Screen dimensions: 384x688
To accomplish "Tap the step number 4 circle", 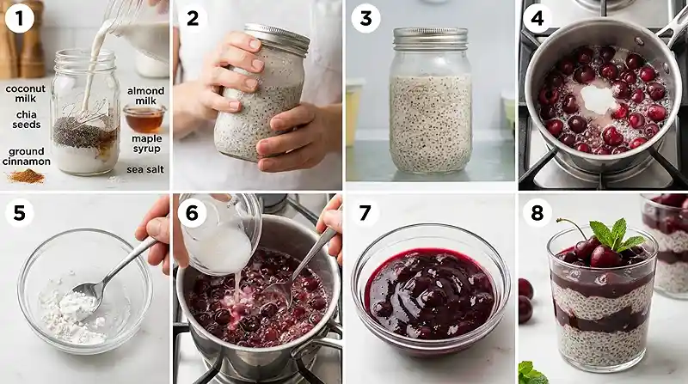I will [x=538, y=18].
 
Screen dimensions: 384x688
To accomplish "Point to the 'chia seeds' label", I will [x=26, y=124].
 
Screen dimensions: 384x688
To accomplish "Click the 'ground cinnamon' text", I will [x=27, y=155].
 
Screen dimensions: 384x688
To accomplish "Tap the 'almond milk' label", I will [x=145, y=95].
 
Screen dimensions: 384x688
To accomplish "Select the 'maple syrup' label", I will [x=145, y=143].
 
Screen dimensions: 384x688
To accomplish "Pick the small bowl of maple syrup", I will [x=144, y=118].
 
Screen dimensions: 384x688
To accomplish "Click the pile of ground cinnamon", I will [x=26, y=176].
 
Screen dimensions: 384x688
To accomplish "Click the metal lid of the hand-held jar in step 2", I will [x=276, y=39].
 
